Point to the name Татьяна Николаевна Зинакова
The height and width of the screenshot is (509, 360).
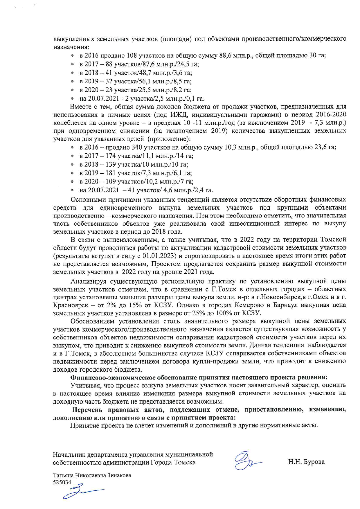click(92, 476)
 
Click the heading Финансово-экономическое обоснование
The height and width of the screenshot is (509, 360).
click(199, 377)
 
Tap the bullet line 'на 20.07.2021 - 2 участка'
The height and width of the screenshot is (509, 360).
click(142, 98)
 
